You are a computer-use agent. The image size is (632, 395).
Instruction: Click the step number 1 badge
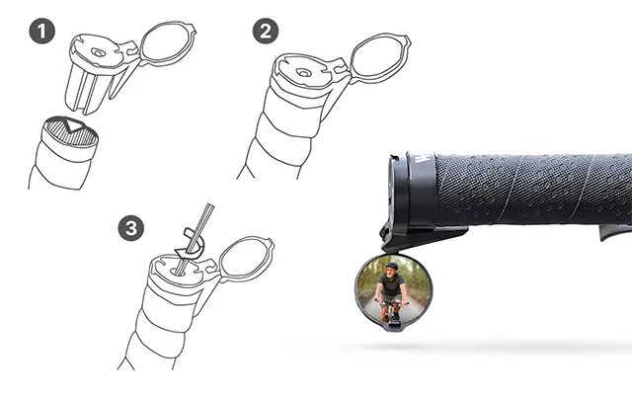(42, 31)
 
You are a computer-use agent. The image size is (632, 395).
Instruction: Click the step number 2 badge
(266, 31)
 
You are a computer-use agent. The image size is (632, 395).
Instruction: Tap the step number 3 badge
(131, 228)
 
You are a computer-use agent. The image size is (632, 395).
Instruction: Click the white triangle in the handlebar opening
(74, 125)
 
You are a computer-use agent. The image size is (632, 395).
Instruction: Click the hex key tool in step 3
(197, 239)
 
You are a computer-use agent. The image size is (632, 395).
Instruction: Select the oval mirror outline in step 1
(167, 43)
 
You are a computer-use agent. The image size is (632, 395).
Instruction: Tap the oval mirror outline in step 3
(246, 259)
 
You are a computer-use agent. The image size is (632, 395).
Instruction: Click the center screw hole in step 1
(97, 52)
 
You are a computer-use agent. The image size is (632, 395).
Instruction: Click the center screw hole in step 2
(303, 73)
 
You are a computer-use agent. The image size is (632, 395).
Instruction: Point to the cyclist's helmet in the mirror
(391, 266)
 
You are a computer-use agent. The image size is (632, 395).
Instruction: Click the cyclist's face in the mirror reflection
(391, 274)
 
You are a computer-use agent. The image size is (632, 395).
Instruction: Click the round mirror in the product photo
(391, 292)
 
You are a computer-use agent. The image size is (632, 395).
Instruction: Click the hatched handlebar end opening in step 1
(71, 131)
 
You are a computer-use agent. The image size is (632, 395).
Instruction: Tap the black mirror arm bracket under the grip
(424, 238)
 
